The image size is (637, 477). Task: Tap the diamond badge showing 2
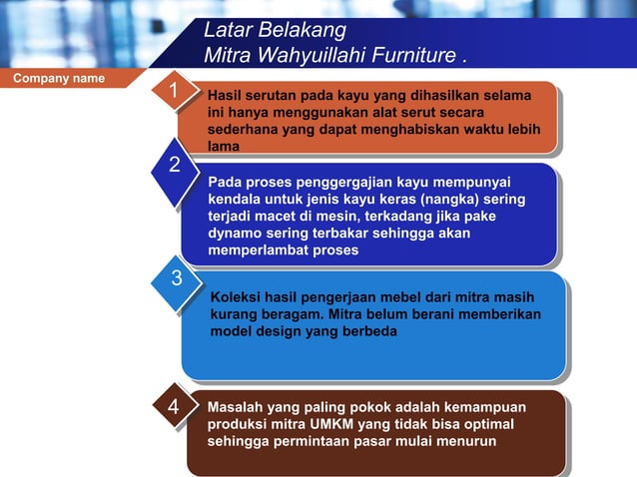click(174, 166)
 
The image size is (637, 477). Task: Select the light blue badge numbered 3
click(175, 278)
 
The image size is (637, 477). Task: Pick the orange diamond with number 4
click(173, 408)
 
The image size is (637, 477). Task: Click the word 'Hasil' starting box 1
click(226, 97)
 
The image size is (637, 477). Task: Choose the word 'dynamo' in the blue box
click(234, 234)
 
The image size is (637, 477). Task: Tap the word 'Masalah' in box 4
click(239, 407)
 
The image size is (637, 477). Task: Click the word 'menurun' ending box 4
click(466, 441)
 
